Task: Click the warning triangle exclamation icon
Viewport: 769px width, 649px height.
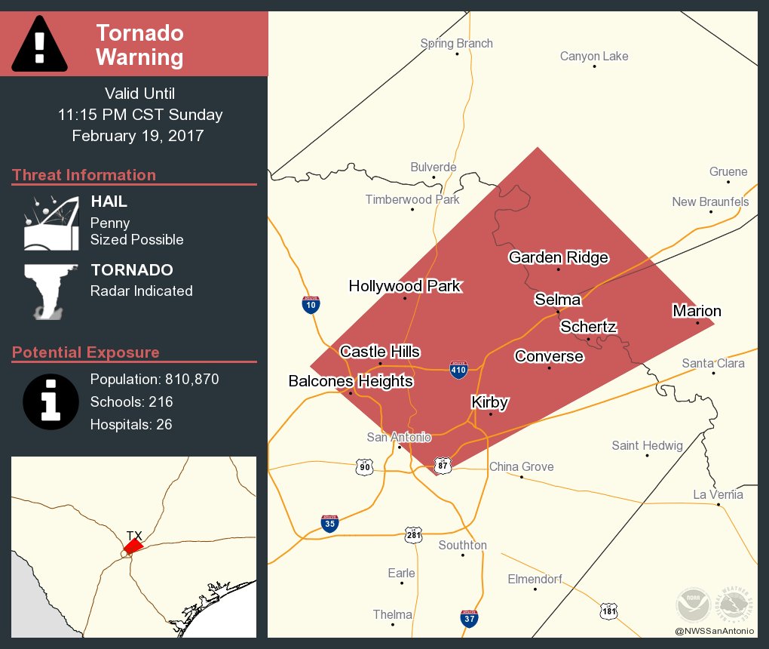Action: pyautogui.click(x=40, y=44)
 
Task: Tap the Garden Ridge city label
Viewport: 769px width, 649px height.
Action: pyautogui.click(x=558, y=257)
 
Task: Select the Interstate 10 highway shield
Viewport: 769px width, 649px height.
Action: pyautogui.click(x=311, y=304)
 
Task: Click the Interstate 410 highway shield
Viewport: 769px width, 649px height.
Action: pyautogui.click(x=458, y=369)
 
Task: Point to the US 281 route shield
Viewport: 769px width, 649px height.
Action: pyautogui.click(x=413, y=534)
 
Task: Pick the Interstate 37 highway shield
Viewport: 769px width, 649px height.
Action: pyautogui.click(x=469, y=618)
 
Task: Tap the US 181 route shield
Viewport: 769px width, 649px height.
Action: pyautogui.click(x=608, y=611)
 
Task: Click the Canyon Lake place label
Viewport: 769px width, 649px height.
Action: pyautogui.click(x=594, y=57)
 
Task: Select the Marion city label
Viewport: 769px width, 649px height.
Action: pyautogui.click(x=697, y=311)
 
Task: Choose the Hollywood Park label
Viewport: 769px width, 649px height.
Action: pyautogui.click(x=404, y=286)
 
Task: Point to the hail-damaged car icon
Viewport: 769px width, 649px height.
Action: pyautogui.click(x=51, y=223)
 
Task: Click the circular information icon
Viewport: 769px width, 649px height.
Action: pyautogui.click(x=51, y=401)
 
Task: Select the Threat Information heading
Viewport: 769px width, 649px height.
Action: pyautogui.click(x=84, y=175)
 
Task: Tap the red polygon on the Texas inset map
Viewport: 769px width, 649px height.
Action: pyautogui.click(x=133, y=545)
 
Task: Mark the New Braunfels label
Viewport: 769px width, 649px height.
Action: pyautogui.click(x=710, y=201)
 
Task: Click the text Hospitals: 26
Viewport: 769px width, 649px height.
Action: pyautogui.click(x=131, y=424)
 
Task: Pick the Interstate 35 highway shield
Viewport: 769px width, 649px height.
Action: pyautogui.click(x=329, y=524)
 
